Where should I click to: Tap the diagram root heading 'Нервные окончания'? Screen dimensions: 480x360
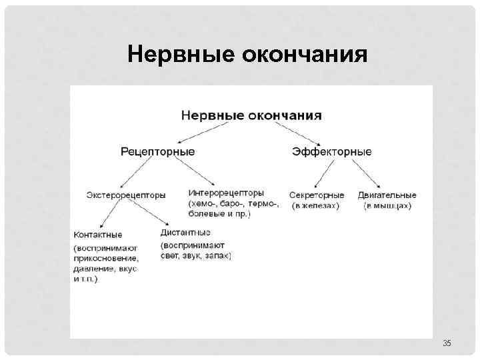coord(251,115)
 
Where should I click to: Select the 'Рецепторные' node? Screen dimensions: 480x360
coord(158,152)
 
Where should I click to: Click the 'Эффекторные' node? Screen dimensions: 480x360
coord(331,152)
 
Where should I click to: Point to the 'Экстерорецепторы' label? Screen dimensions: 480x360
coord(125,195)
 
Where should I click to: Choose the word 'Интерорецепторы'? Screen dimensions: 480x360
coord(226,193)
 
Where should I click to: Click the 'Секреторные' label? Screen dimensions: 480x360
coord(317,195)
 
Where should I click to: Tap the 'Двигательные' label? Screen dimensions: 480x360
coord(387,195)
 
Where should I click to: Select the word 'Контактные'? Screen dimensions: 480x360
coord(98,235)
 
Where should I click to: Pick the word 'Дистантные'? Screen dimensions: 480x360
coord(185,233)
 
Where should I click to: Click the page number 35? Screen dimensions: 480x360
coord(447,343)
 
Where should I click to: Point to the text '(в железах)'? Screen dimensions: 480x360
coord(315,206)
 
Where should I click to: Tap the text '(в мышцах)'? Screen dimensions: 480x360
coord(387,206)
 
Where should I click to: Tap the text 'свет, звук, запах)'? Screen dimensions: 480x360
coord(195,255)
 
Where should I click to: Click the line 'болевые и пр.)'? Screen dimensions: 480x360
coord(219,215)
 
